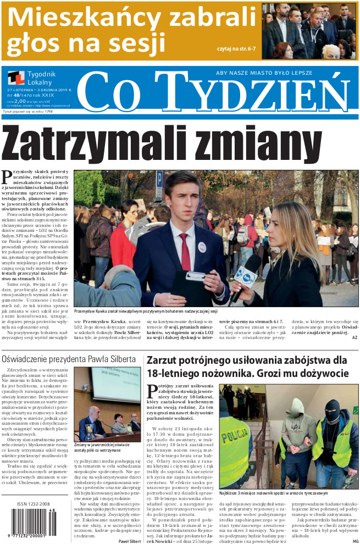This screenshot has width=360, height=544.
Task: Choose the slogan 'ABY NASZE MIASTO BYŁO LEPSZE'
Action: pyautogui.click(x=264, y=73)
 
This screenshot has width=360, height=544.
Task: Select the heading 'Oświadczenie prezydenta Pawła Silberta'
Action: pyautogui.click(x=69, y=359)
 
